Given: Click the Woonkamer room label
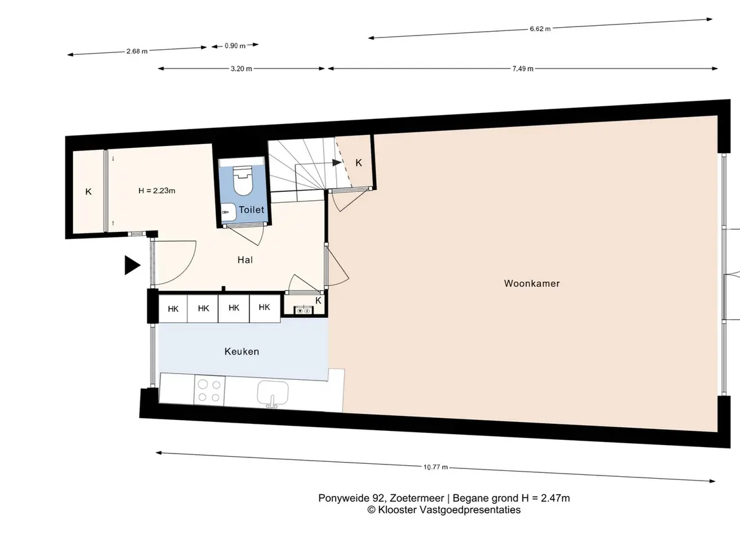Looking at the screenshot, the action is [x=532, y=284].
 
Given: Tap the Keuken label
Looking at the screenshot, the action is [x=242, y=351].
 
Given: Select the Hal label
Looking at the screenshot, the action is [x=245, y=260].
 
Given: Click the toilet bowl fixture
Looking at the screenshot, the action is [x=243, y=180].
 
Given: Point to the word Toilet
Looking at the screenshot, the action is [x=251, y=210].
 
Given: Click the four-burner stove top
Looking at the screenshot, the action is [x=209, y=391].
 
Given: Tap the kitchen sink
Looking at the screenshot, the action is [x=272, y=394].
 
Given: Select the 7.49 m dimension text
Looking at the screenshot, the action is [x=523, y=69].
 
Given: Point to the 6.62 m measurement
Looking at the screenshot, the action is [x=540, y=29].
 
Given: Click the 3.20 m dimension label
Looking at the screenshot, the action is [x=241, y=69].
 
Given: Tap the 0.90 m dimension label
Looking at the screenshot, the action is [x=235, y=46].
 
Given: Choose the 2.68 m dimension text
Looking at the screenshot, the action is [x=137, y=51].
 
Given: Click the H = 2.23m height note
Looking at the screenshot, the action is [x=156, y=191].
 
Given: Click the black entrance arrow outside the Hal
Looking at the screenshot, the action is [x=132, y=265].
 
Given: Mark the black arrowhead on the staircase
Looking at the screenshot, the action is [x=337, y=163].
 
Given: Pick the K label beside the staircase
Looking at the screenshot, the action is [x=359, y=163].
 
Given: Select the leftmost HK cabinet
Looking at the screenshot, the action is [x=173, y=309].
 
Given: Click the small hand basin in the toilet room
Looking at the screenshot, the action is [x=228, y=213].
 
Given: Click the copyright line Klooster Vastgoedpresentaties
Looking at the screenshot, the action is [x=443, y=510].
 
